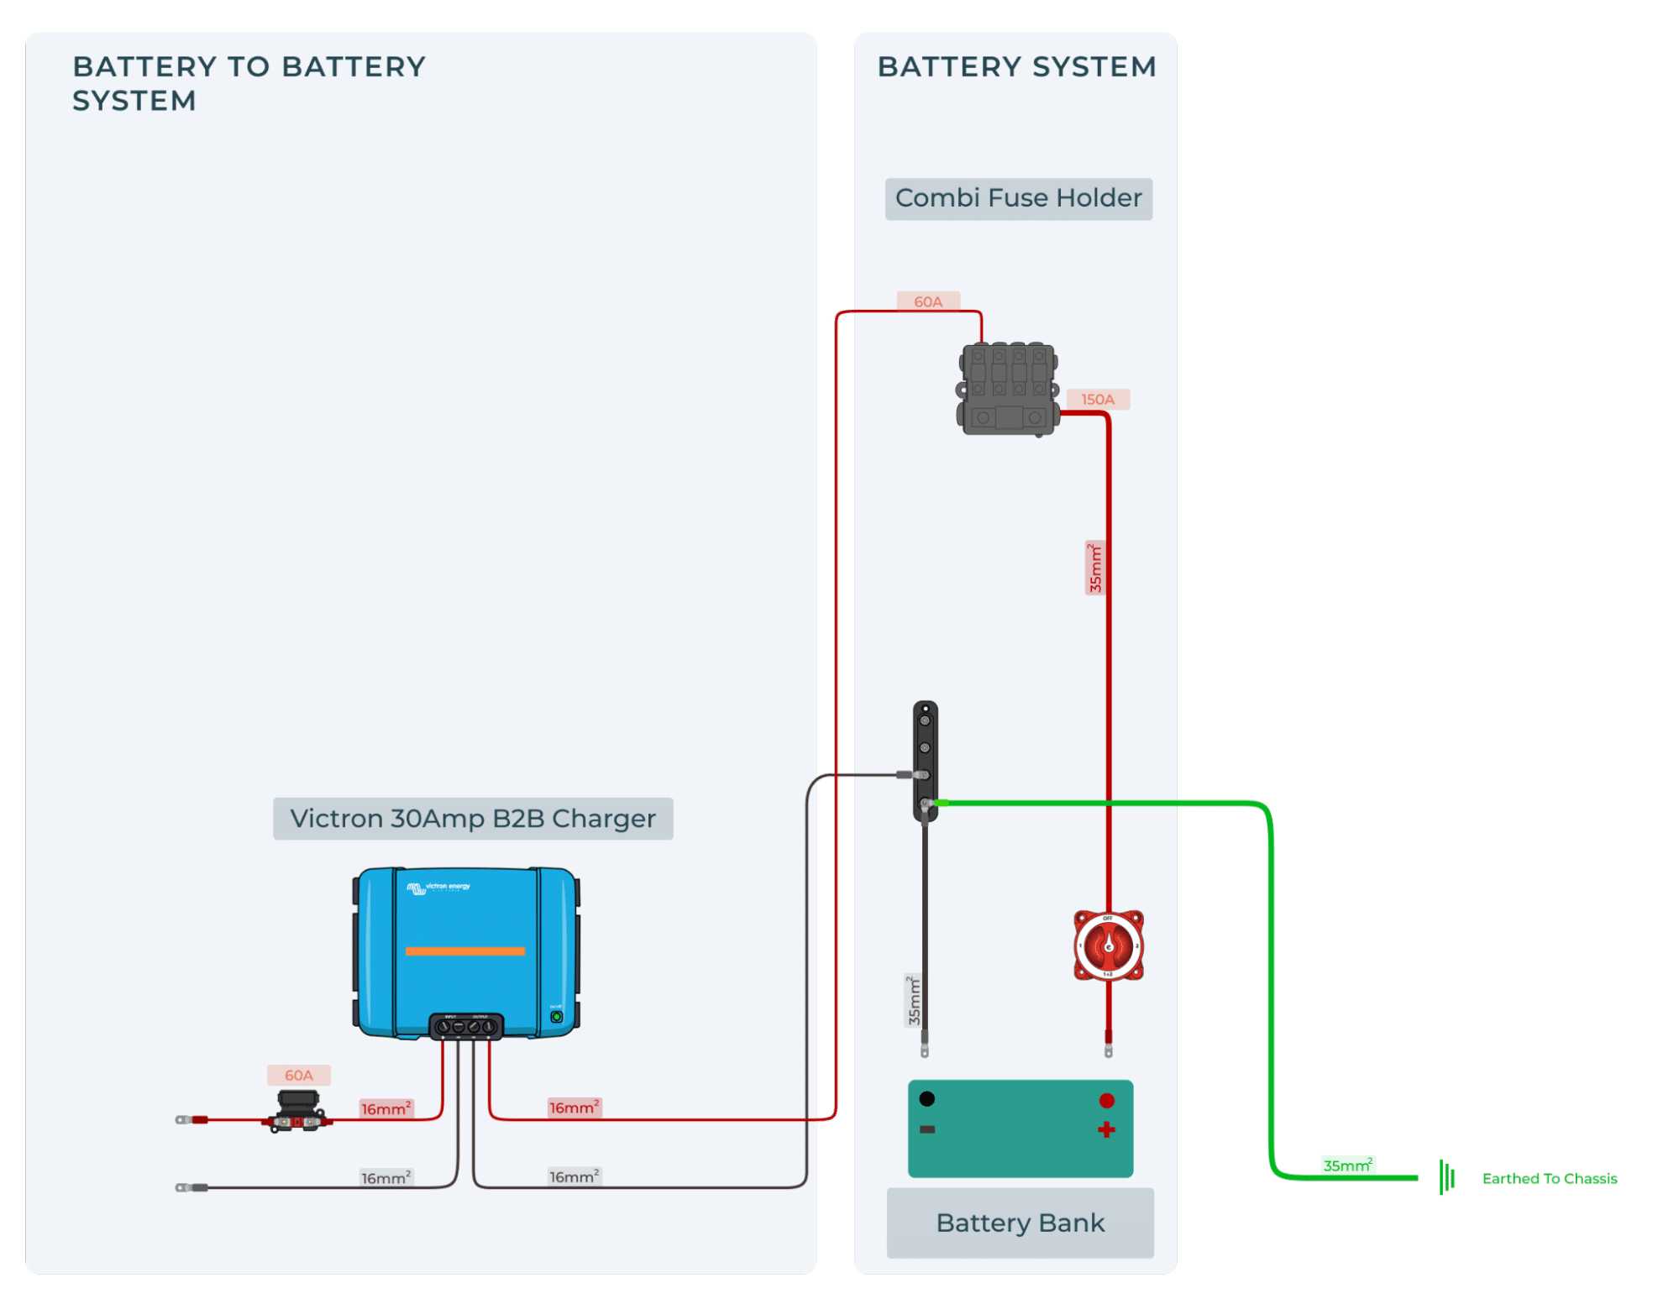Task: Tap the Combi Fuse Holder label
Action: coord(1018,199)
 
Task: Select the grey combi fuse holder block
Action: coord(1008,388)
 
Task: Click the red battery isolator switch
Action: coord(1108,945)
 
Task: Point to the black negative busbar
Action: coord(925,760)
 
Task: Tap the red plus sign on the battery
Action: coord(1106,1130)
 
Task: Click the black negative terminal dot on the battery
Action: coord(926,1099)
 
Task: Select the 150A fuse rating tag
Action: coord(1097,400)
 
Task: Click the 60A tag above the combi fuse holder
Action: coord(927,301)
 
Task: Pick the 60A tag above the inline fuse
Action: coord(298,1076)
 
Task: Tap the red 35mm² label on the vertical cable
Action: coord(1094,568)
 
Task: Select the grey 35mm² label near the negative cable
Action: coord(914,1001)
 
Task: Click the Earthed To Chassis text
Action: coord(1549,1179)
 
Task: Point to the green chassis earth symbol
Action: coord(1446,1177)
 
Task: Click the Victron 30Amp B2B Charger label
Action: coord(473,819)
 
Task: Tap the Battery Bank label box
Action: coord(1020,1223)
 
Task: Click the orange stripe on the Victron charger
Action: coord(464,951)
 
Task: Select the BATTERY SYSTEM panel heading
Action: coord(1016,67)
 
